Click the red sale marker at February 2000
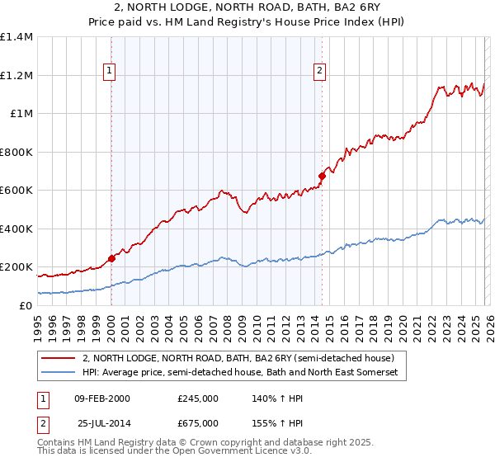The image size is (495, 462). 111,258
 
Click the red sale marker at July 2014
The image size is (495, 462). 323,176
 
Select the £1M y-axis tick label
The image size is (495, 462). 21,114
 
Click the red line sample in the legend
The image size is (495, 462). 59,358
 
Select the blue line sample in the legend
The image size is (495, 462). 59,373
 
